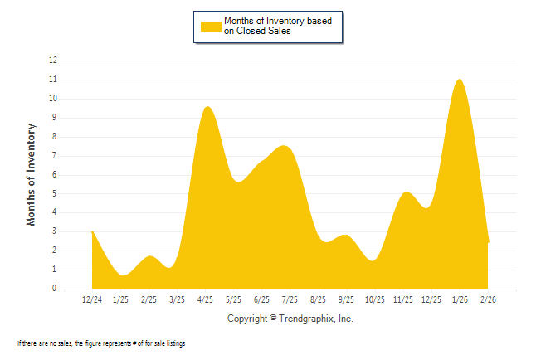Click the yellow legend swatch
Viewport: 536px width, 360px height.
point(211,26)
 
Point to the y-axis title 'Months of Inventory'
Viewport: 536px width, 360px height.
point(32,174)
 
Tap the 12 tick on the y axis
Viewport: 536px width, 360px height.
point(53,61)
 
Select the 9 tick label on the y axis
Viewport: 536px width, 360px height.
point(55,118)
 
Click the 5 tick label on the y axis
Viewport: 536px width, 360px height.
point(55,193)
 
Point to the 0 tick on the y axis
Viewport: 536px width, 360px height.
point(55,289)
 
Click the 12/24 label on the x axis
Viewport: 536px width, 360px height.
point(92,299)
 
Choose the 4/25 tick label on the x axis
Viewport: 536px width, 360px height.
point(205,299)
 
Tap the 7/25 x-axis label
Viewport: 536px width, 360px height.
point(290,299)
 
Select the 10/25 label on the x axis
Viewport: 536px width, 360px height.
point(374,299)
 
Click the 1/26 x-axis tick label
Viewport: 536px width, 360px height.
point(459,299)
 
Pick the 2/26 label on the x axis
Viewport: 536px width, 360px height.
point(487,299)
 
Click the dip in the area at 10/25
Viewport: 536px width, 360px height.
point(373,260)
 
